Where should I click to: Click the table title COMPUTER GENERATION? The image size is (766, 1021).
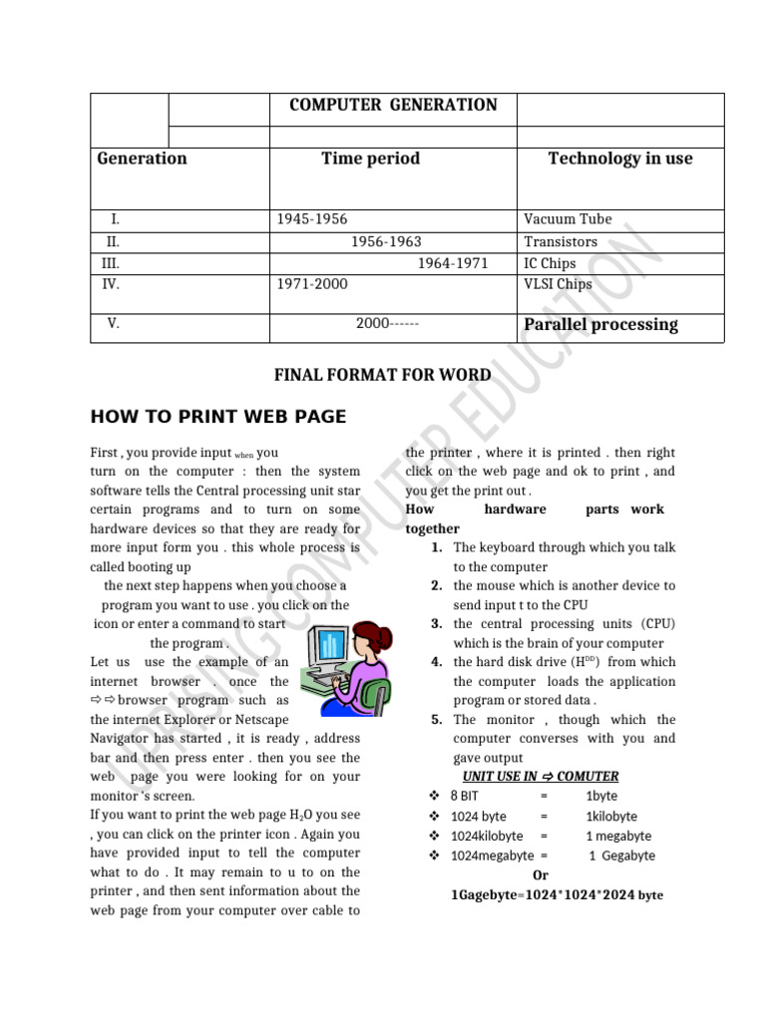(393, 105)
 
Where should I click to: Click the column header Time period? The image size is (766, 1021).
(370, 159)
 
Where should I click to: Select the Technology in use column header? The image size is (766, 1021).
(619, 159)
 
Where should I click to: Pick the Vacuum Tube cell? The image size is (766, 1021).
(568, 219)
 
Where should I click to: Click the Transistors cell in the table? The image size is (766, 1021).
(561, 241)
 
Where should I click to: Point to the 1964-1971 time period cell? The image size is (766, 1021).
(452, 263)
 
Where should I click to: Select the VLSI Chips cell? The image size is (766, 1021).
(558, 284)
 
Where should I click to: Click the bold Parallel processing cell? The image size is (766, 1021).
(600, 324)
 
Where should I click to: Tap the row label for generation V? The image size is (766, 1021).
(113, 324)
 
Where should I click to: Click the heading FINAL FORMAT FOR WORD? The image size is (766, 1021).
(382, 375)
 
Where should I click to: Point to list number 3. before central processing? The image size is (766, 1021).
(437, 624)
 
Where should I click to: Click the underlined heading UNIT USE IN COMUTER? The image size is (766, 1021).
(541, 776)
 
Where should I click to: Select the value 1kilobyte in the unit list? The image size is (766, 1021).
(611, 816)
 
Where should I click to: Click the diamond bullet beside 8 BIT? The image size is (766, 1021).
(434, 796)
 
